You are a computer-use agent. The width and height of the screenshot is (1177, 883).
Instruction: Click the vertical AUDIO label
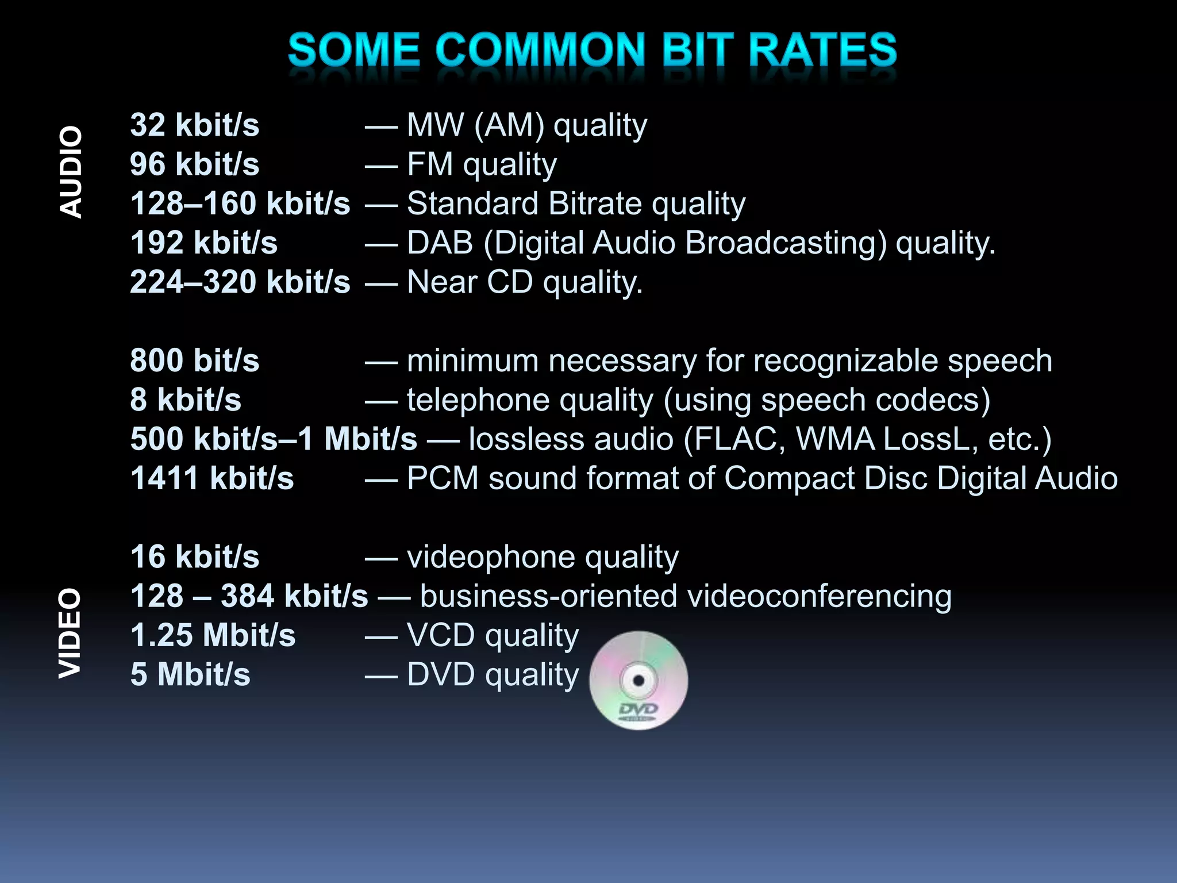(x=71, y=172)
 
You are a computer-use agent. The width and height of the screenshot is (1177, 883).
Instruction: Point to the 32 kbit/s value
(x=194, y=125)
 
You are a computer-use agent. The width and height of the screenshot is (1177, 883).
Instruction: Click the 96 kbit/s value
(x=194, y=164)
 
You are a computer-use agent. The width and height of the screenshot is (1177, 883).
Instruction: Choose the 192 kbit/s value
(x=203, y=243)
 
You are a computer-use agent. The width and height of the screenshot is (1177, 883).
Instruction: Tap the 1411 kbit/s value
(x=211, y=478)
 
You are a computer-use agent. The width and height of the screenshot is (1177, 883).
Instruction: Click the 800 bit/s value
(x=194, y=360)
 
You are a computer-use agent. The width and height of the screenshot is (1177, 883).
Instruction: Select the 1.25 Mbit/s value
(x=213, y=635)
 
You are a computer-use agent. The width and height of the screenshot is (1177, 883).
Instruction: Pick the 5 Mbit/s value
(x=190, y=674)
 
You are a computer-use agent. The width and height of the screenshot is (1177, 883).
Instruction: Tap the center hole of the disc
(x=638, y=681)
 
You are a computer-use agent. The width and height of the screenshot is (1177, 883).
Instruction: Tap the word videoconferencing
(x=819, y=596)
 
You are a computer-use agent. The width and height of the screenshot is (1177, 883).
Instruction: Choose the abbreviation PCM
(x=443, y=478)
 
